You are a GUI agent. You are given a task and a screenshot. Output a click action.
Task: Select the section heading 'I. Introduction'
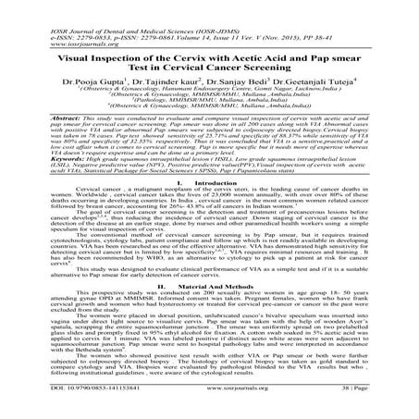point(209,185)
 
